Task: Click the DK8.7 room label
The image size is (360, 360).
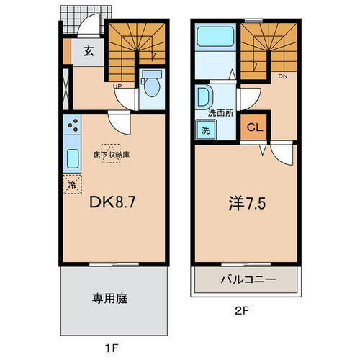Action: click(112, 204)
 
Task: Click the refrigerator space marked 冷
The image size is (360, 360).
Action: click(72, 184)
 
